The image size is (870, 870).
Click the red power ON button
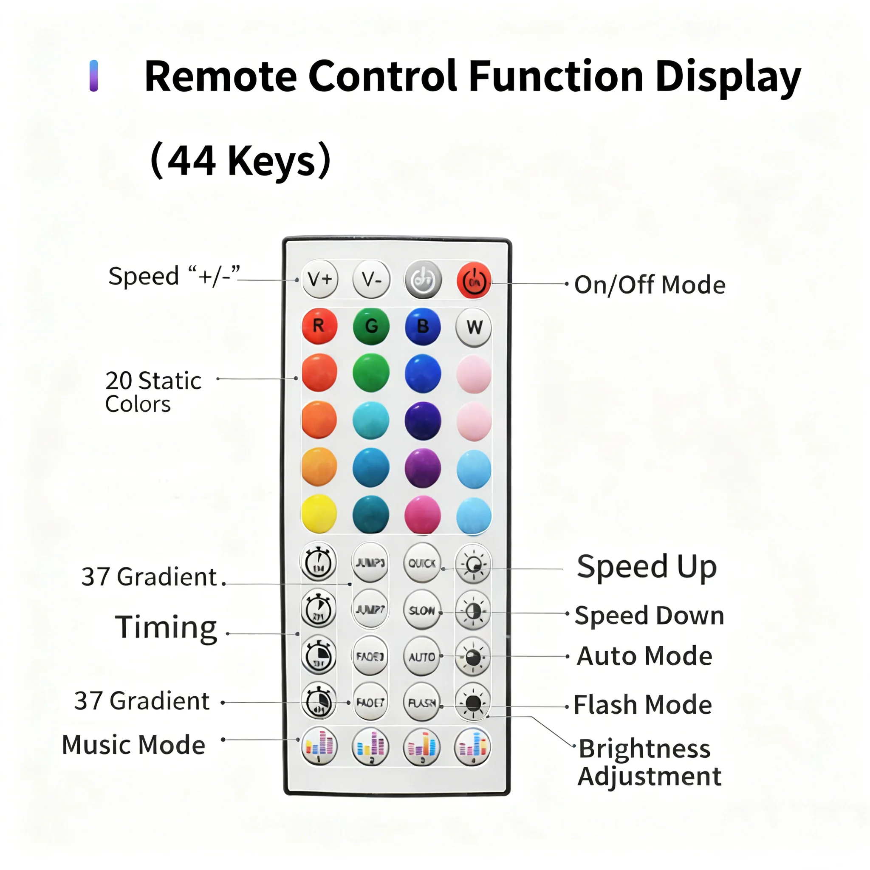(x=474, y=281)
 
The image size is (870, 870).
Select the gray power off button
(x=423, y=280)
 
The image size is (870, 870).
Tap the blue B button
(x=422, y=327)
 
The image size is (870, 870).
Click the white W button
(x=474, y=328)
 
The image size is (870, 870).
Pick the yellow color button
(x=319, y=514)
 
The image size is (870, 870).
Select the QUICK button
(x=421, y=563)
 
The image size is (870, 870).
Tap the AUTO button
(x=421, y=657)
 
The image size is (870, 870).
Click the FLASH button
(x=421, y=703)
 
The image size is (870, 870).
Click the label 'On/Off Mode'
(x=650, y=285)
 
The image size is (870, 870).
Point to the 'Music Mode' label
(x=133, y=745)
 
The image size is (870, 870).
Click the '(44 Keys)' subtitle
(x=240, y=160)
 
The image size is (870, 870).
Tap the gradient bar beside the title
(x=93, y=76)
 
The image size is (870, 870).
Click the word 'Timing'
(x=166, y=627)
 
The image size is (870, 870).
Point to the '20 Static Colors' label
(x=153, y=392)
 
